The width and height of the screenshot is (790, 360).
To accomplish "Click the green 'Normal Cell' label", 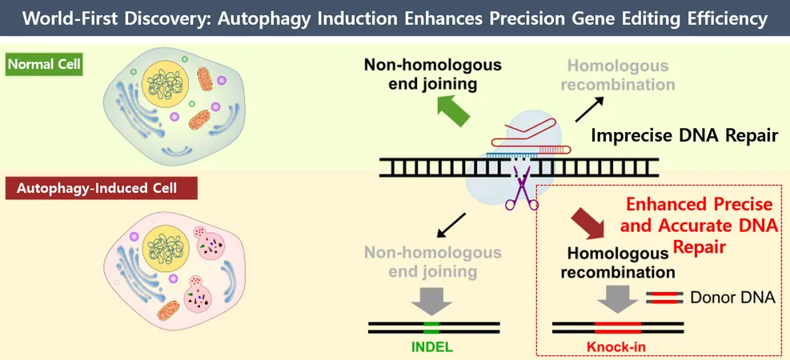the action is pyautogui.click(x=43, y=65).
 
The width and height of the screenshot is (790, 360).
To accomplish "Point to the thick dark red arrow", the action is pyautogui.click(x=588, y=223).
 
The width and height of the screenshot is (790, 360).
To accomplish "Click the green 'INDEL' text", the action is pyautogui.click(x=432, y=346).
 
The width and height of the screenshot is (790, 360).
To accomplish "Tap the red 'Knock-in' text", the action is pyautogui.click(x=616, y=347).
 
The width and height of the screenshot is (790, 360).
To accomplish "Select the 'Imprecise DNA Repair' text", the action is pyautogui.click(x=684, y=135).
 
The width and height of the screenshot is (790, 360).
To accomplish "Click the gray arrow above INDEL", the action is pyautogui.click(x=431, y=301).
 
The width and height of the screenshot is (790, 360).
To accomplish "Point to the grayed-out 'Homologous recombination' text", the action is pyautogui.click(x=618, y=74).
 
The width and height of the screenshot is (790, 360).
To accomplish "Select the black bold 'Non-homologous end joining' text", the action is pyautogui.click(x=433, y=74).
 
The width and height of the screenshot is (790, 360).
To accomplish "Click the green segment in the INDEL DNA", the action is pyautogui.click(x=431, y=328).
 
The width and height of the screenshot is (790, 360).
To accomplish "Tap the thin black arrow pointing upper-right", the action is pyautogui.click(x=589, y=110).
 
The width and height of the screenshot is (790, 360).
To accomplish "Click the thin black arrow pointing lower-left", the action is pyautogui.click(x=451, y=225).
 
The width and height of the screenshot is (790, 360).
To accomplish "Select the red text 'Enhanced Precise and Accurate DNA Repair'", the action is pyautogui.click(x=699, y=226).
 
